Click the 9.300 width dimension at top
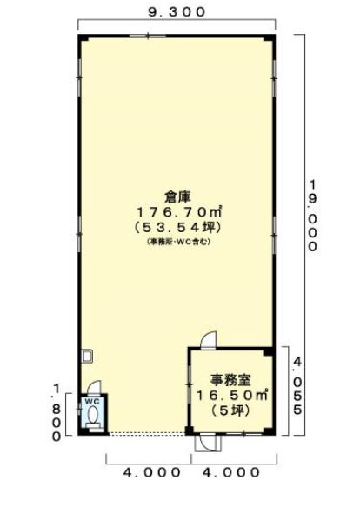click(177, 12)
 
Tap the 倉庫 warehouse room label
click(177, 196)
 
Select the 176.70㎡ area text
click(179, 212)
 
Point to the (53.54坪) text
click(177, 228)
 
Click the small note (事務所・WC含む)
click(178, 242)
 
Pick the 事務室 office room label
click(230, 380)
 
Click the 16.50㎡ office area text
click(232, 395)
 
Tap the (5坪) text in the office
click(230, 410)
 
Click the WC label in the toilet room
click(92, 401)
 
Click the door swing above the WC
click(95, 387)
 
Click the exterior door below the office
click(209, 443)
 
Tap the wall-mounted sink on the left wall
click(87, 356)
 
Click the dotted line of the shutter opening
click(147, 434)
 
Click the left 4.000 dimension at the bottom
click(151, 472)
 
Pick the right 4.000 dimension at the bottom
click(231, 472)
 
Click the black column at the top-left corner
click(83, 37)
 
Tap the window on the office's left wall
click(190, 384)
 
